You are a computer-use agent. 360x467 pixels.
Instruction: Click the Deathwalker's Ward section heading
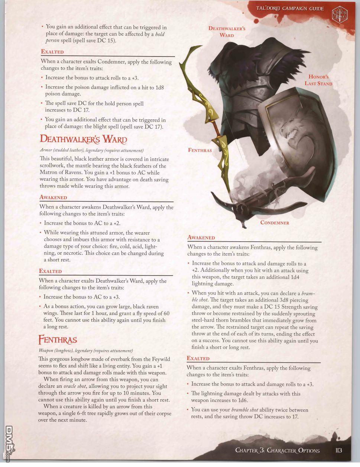(x=83, y=139)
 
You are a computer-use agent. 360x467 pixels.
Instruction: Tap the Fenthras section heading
(x=58, y=340)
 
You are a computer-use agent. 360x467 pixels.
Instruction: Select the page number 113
(x=338, y=450)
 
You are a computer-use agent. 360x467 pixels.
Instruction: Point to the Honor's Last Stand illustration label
(x=318, y=80)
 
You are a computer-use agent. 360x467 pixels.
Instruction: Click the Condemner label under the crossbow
(x=275, y=223)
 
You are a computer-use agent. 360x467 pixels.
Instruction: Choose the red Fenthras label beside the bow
(x=200, y=150)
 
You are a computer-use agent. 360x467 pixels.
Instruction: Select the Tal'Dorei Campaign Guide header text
(x=290, y=9)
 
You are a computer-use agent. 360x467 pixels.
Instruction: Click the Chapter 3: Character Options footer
(x=277, y=450)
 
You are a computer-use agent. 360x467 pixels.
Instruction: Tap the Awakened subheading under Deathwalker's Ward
(x=53, y=197)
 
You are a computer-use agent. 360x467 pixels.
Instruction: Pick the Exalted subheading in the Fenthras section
(x=198, y=358)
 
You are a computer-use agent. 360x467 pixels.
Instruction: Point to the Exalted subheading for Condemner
(x=52, y=52)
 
